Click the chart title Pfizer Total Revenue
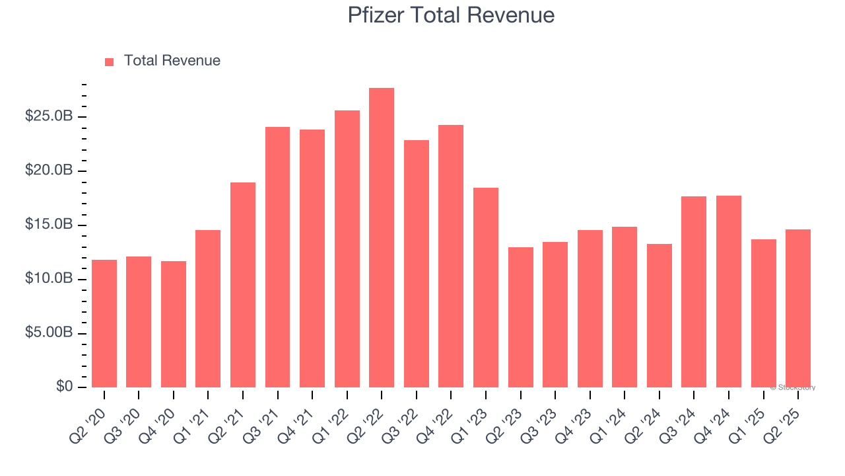coord(451,15)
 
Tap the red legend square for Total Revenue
coord(110,62)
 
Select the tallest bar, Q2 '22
coord(382,238)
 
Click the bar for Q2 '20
coord(104,324)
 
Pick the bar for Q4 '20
coord(174,325)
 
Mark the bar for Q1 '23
coord(486,288)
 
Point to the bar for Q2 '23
coord(520,317)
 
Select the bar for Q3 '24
coord(694,292)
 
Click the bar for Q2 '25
coord(797,308)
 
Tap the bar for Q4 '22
coord(451,257)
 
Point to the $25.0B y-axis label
coord(49,117)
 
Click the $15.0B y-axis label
coord(49,225)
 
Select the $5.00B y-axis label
coord(49,333)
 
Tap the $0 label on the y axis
coord(64,387)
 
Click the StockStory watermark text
coord(793,387)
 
